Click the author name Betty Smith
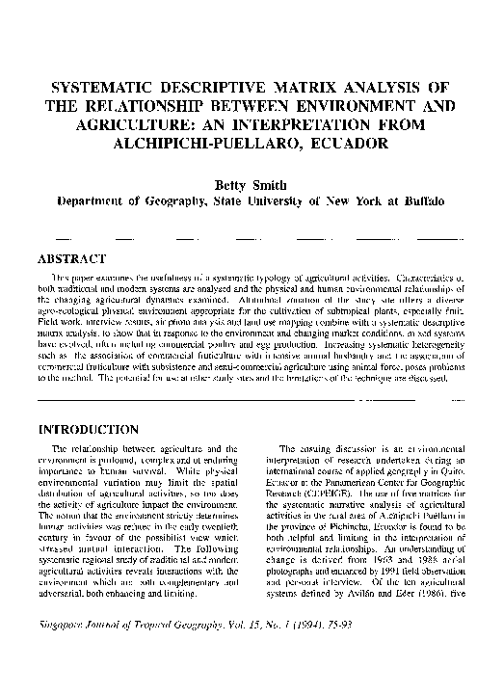[x=251, y=184]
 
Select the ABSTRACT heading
[x=70, y=258]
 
